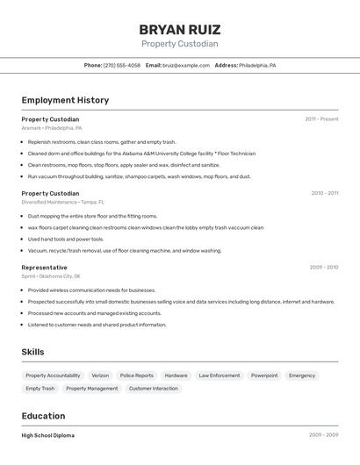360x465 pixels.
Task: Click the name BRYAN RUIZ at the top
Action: tap(180, 29)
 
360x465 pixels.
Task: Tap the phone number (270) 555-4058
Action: tap(122, 65)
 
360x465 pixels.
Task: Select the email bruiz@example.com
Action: tap(185, 65)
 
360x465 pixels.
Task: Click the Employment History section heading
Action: tap(65, 100)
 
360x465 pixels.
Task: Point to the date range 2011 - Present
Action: tap(321, 118)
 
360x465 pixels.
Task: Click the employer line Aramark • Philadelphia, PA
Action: tap(52, 128)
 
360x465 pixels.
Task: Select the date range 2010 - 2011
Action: tap(324, 193)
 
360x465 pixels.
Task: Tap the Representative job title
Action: tap(44, 268)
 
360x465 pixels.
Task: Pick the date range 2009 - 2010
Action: tap(324, 268)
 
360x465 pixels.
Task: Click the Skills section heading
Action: tap(33, 352)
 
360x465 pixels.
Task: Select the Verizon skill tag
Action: tap(100, 376)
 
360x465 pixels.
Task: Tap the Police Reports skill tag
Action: tap(137, 376)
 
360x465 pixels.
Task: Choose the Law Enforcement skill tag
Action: tap(219, 376)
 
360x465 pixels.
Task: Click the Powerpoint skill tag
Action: tap(264, 376)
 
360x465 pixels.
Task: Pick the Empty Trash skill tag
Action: tap(40, 389)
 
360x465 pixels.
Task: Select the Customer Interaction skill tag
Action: tap(153, 389)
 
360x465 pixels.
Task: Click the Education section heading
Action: tap(43, 416)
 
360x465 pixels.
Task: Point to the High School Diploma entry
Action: tap(48, 435)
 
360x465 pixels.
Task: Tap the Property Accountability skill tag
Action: tap(53, 376)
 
